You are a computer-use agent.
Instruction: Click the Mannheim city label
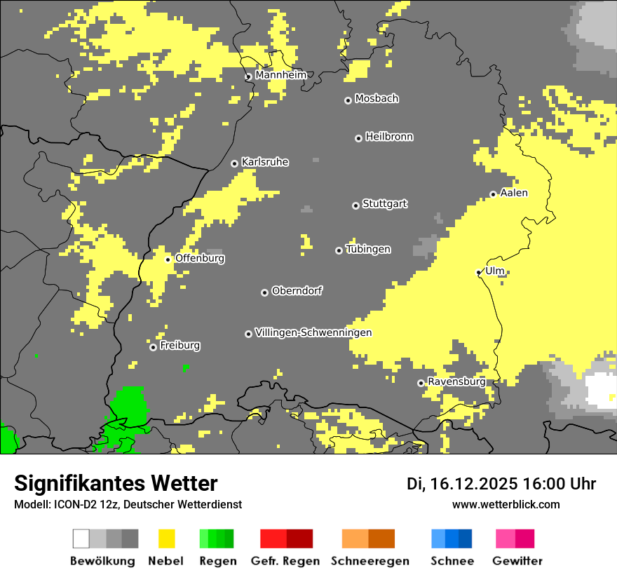pyautogui.click(x=280, y=75)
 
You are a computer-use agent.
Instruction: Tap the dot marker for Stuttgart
pyautogui.click(x=355, y=205)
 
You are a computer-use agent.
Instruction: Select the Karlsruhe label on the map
pyautogui.click(x=265, y=162)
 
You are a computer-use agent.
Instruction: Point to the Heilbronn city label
pyautogui.click(x=389, y=137)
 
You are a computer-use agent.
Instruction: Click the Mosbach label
pyautogui.click(x=377, y=99)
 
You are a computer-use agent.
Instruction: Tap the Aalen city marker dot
pyautogui.click(x=494, y=194)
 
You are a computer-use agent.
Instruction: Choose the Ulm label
pyautogui.click(x=495, y=271)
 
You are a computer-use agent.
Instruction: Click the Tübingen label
pyautogui.click(x=368, y=249)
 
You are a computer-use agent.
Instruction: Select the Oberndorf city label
pyautogui.click(x=297, y=291)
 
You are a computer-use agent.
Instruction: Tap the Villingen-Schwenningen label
pyautogui.click(x=313, y=332)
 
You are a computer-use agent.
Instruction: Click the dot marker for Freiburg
pyautogui.click(x=153, y=347)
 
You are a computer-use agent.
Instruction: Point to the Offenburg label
pyautogui.click(x=200, y=258)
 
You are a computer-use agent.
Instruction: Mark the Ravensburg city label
pyautogui.click(x=456, y=382)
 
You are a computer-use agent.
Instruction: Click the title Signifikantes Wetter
pyautogui.click(x=116, y=483)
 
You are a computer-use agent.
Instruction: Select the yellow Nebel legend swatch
pyautogui.click(x=166, y=539)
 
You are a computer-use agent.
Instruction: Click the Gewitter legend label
pyautogui.click(x=517, y=561)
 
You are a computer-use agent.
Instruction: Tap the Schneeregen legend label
pyautogui.click(x=370, y=561)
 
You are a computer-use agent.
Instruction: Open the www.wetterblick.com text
pyautogui.click(x=506, y=504)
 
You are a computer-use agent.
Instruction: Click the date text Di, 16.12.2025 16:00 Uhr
pyautogui.click(x=501, y=484)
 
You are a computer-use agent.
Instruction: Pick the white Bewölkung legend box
pyautogui.click(x=81, y=539)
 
